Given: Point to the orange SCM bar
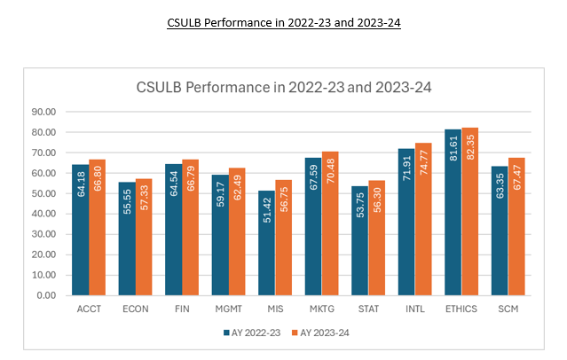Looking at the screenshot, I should [516, 226].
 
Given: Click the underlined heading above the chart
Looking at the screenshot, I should [284, 23].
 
